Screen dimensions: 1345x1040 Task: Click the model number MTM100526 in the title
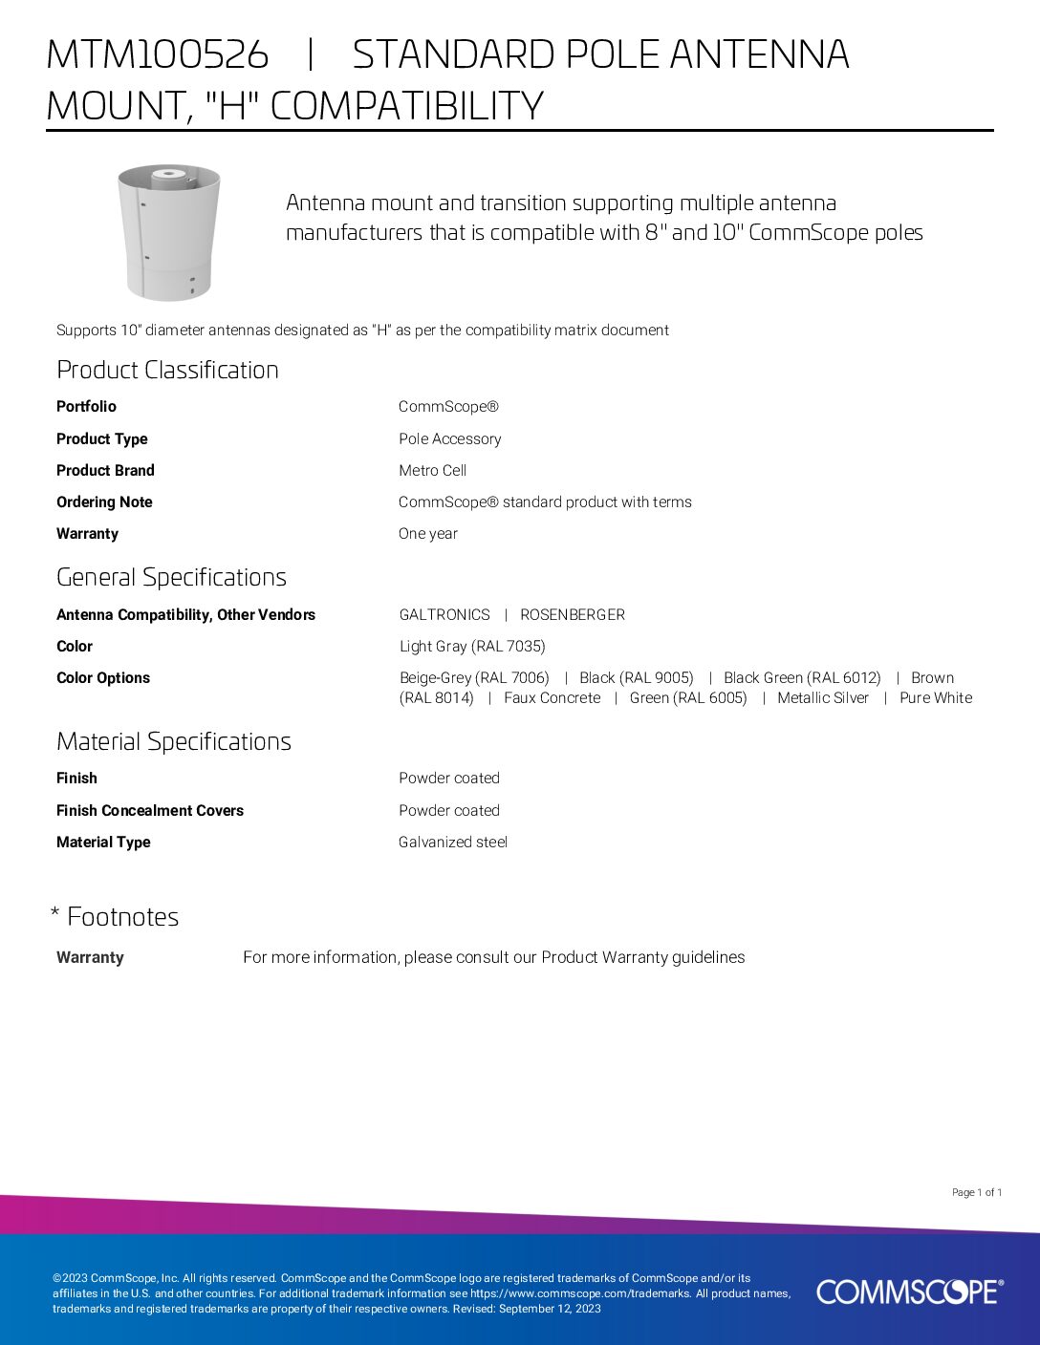[157, 55]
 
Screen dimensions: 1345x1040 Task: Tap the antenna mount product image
[168, 232]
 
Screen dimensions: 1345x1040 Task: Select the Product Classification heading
[167, 371]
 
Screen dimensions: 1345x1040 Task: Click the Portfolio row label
[86, 407]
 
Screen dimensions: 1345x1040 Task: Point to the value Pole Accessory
[449, 439]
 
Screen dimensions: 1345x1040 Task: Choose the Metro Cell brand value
[432, 471]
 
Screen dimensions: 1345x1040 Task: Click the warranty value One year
[427, 534]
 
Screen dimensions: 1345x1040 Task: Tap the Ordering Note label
[104, 502]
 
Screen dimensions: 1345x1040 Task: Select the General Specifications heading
[171, 578]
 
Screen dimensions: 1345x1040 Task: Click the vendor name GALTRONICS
[444, 615]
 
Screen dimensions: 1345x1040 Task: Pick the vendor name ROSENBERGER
[572, 615]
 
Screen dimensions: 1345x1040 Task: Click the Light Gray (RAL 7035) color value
[472, 647]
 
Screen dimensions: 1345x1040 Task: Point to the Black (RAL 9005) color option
[636, 678]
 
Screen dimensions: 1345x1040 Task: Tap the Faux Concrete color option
[552, 698]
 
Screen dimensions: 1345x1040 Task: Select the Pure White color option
[935, 698]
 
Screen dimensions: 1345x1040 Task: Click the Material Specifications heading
[173, 742]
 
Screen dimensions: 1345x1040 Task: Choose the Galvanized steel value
[452, 843]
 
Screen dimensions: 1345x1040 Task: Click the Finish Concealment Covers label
[150, 811]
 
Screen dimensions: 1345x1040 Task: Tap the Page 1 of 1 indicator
[976, 1192]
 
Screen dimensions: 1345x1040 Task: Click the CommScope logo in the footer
[909, 1292]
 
